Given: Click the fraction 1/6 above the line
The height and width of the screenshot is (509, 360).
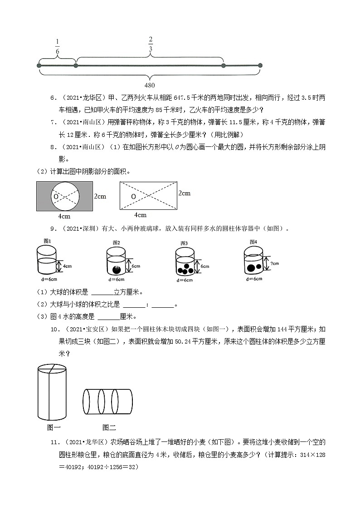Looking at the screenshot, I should pos(57,47).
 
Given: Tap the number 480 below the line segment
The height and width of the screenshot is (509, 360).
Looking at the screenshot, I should pos(150,85).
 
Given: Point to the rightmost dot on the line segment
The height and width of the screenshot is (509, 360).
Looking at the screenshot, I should pos(260,66).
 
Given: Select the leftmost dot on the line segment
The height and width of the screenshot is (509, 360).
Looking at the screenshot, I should pos(39,66).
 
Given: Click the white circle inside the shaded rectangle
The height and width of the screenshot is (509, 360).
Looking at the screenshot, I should pos(64,196).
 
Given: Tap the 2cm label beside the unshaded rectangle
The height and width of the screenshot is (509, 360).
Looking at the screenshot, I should pos(184,193).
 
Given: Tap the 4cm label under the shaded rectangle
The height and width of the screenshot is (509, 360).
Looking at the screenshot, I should pos(64,216).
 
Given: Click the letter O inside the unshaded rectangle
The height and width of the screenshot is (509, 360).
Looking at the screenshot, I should pos(133,197).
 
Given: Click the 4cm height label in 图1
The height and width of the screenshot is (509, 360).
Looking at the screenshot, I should pos(67,266).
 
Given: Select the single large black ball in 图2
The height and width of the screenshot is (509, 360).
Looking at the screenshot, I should pos(117,270).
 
